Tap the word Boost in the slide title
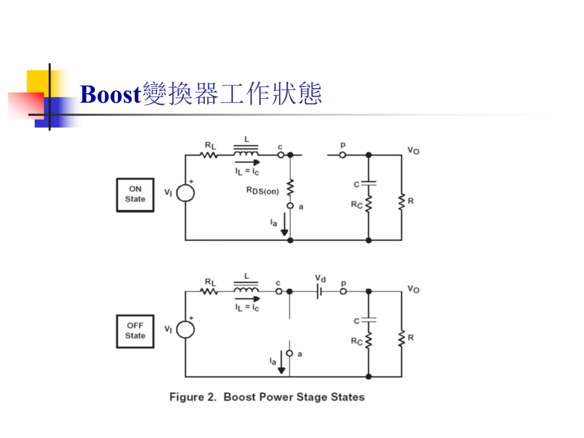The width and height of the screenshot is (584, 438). click(x=110, y=94)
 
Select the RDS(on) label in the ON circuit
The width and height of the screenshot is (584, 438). click(x=263, y=191)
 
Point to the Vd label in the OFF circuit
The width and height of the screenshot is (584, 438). click(x=320, y=278)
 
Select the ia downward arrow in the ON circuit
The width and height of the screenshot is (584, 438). click(x=284, y=224)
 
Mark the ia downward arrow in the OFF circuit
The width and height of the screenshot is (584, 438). click(x=282, y=362)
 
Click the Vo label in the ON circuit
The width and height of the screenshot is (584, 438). click(x=414, y=150)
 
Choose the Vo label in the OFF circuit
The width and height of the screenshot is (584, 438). click(x=414, y=289)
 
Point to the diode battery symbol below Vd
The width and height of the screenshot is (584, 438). click(x=319, y=291)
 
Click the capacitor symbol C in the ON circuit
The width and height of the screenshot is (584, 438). click(x=369, y=183)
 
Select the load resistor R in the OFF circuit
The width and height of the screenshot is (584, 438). click(x=401, y=339)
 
